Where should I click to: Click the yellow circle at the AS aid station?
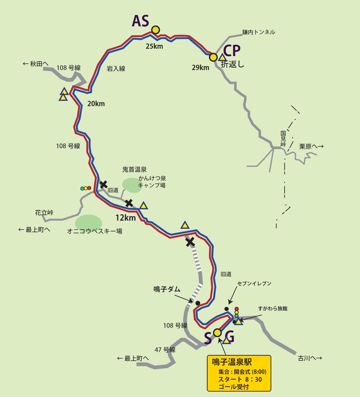click(x=156, y=30)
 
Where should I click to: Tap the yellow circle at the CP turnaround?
click(x=213, y=57)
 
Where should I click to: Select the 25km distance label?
click(x=154, y=46)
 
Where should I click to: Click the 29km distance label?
click(x=200, y=68)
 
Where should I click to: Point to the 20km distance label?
click(x=96, y=104)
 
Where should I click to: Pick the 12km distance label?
click(x=125, y=218)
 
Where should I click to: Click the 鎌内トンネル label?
click(x=259, y=32)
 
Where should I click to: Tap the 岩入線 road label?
click(x=116, y=69)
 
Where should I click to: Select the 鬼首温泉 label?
click(x=134, y=169)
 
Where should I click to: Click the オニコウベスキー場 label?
click(x=95, y=231)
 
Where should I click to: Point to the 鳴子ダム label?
click(x=167, y=289)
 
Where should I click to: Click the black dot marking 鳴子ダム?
click(x=198, y=303)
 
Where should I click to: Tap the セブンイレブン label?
click(x=254, y=284)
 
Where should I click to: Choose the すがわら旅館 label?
click(x=273, y=308)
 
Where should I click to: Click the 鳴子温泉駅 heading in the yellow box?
click(x=232, y=362)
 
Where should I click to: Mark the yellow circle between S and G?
click(x=217, y=333)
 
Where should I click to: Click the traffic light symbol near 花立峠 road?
click(x=86, y=188)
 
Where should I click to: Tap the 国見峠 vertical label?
click(x=283, y=139)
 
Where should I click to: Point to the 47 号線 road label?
click(x=165, y=350)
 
